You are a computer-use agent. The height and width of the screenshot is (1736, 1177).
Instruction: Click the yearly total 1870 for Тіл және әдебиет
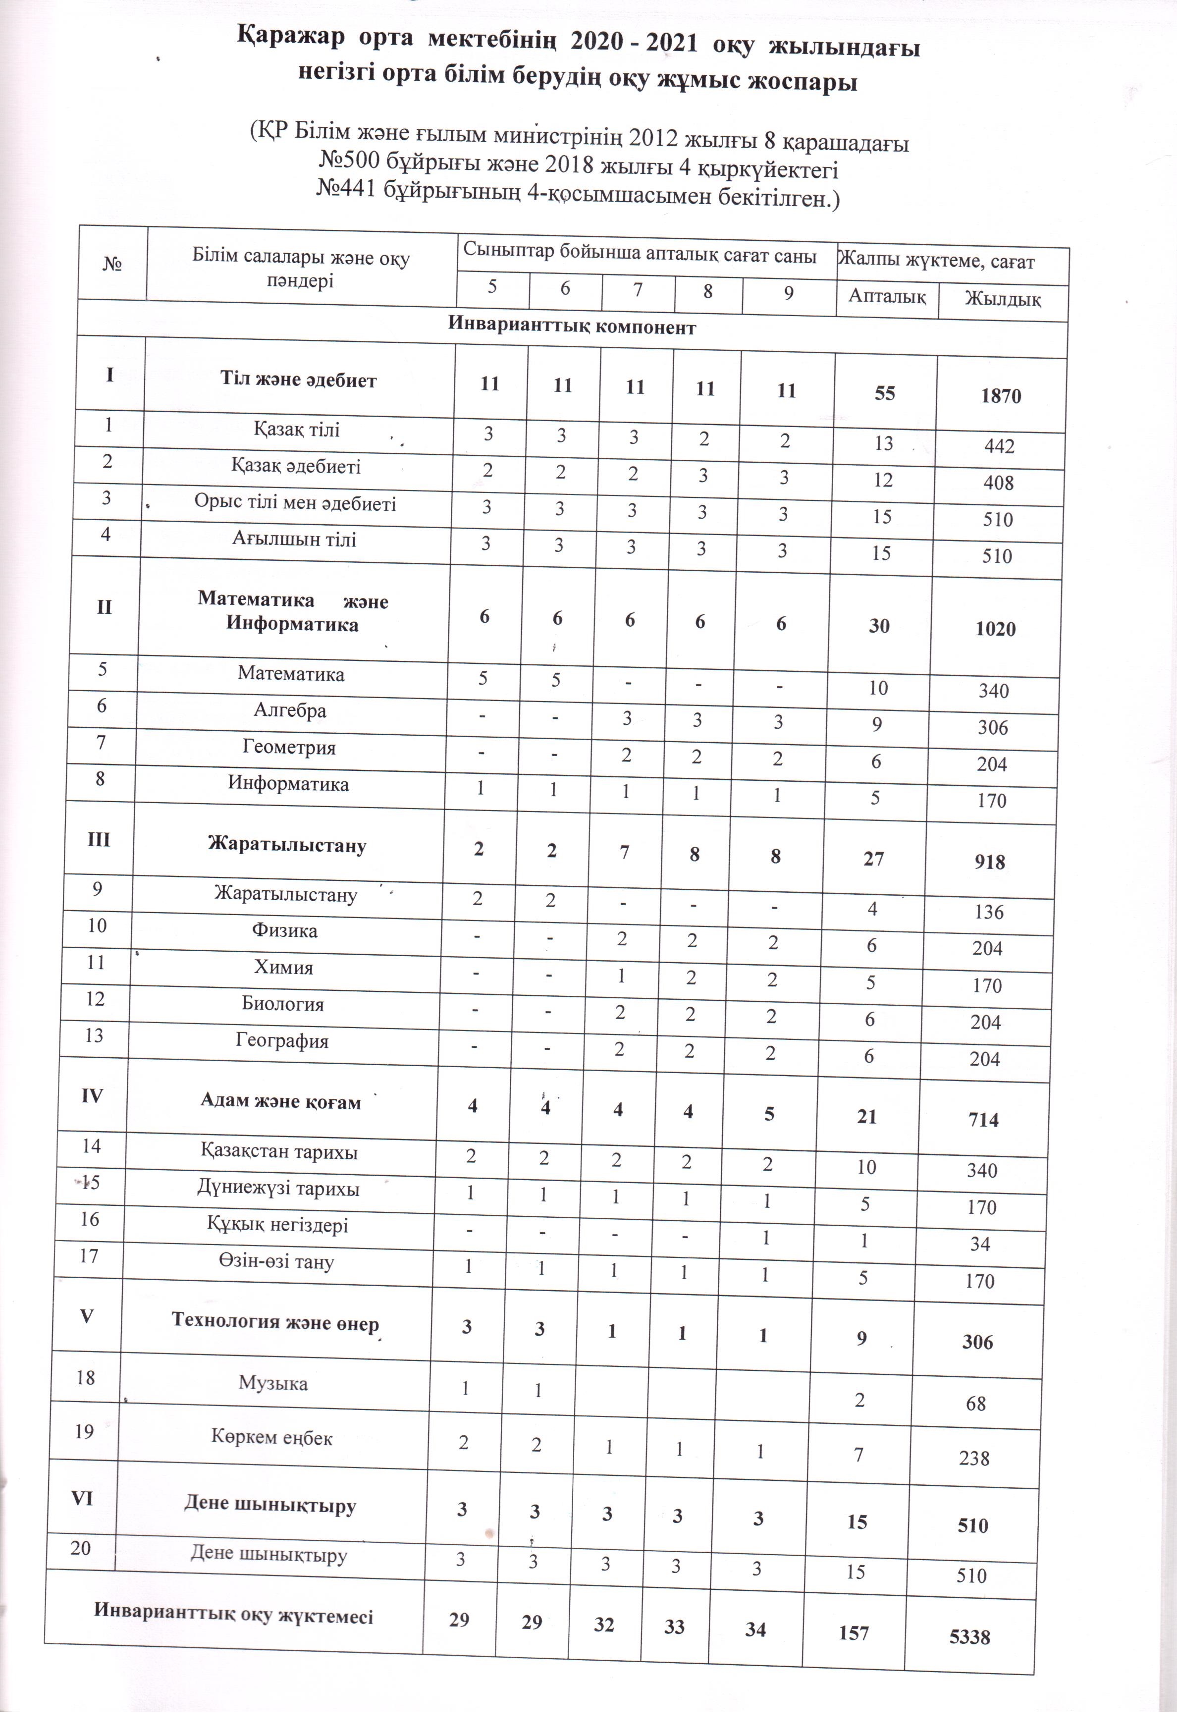click(x=1001, y=396)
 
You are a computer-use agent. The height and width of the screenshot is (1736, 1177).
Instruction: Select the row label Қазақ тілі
click(x=297, y=430)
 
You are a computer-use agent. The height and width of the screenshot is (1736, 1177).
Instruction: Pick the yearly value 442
click(x=999, y=446)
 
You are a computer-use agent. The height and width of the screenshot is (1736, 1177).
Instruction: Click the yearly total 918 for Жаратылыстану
click(x=990, y=862)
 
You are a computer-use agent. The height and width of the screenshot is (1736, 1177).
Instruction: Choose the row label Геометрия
click(x=289, y=747)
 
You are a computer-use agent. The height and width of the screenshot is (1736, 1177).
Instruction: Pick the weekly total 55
click(x=884, y=393)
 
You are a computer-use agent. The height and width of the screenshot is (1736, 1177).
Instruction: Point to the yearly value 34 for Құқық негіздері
click(x=980, y=1244)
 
